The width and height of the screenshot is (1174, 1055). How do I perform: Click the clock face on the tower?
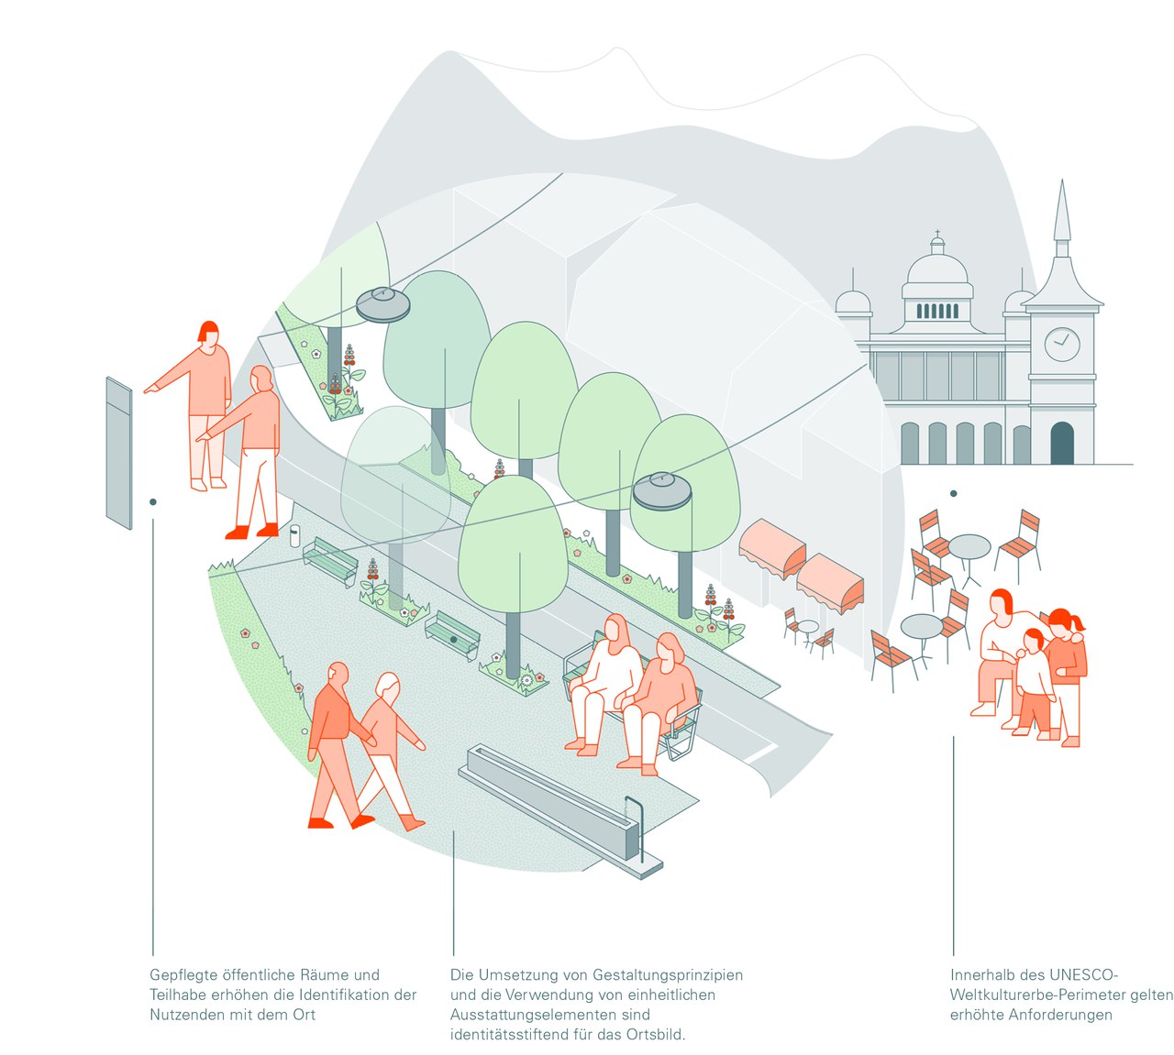pyautogui.click(x=1061, y=344)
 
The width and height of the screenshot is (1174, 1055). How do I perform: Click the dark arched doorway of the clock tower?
pyautogui.click(x=1061, y=443)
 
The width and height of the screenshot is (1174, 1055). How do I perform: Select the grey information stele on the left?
pyautogui.click(x=119, y=453)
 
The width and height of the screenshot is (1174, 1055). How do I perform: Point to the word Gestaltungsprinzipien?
pyautogui.click(x=668, y=974)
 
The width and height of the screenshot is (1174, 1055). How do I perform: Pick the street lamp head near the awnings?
pyautogui.click(x=662, y=491)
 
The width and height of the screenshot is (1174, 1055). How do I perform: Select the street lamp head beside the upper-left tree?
pyautogui.click(x=382, y=304)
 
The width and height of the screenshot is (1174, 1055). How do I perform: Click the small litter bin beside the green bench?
pyautogui.click(x=294, y=534)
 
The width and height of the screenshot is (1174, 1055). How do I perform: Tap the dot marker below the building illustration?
pyautogui.click(x=954, y=493)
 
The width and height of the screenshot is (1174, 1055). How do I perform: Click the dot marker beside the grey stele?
pyautogui.click(x=153, y=501)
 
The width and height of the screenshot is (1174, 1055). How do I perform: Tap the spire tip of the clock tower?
pyautogui.click(x=1062, y=183)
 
